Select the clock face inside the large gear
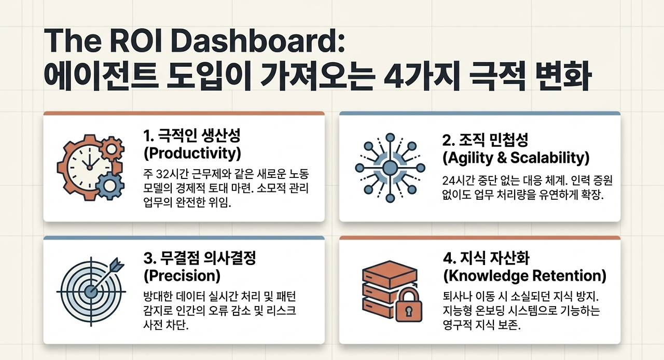(x=89, y=167)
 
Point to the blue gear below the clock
(x=109, y=186)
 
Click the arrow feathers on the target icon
(x=117, y=264)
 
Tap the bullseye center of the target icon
(x=91, y=292)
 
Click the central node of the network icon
(x=390, y=168)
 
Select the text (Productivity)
(x=192, y=154)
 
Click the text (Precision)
(x=182, y=276)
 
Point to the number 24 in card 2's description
(x=449, y=181)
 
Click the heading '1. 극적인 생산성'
(x=192, y=135)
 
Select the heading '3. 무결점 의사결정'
(x=200, y=258)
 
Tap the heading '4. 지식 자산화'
(x=486, y=258)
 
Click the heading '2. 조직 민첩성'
(x=485, y=140)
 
